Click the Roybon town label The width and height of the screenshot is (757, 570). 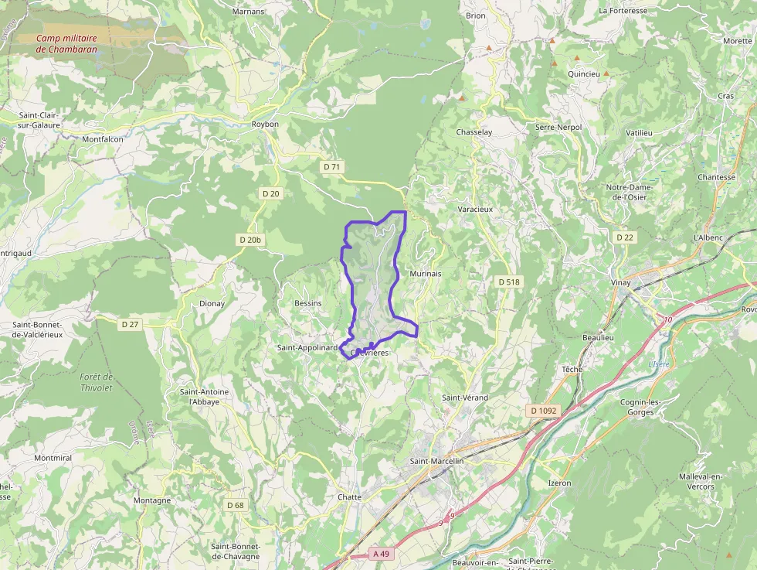pos(265,124)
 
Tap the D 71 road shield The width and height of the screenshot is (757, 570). pos(332,166)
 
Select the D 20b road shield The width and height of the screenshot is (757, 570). pos(250,240)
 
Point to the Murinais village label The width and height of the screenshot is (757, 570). pos(425,274)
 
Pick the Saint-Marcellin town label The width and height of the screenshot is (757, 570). pos(436,461)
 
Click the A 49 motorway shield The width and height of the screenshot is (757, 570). pos(381,554)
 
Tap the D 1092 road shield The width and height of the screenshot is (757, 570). pos(544,410)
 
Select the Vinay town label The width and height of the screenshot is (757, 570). pos(620,282)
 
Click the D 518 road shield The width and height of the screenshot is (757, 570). pos(508,282)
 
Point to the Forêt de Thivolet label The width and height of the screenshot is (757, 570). pos(96,382)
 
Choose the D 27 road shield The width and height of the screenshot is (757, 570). pos(130,324)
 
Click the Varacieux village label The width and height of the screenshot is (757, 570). pos(475,209)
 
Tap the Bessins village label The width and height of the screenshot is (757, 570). pos(307,303)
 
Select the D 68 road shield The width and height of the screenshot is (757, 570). pos(236,505)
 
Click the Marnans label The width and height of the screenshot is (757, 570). pos(248,12)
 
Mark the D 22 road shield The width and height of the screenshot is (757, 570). pos(624,237)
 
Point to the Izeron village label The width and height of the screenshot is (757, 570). pos(559,483)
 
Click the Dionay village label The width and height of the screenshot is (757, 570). pos(212,303)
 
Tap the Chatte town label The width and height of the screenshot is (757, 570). pos(349,497)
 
